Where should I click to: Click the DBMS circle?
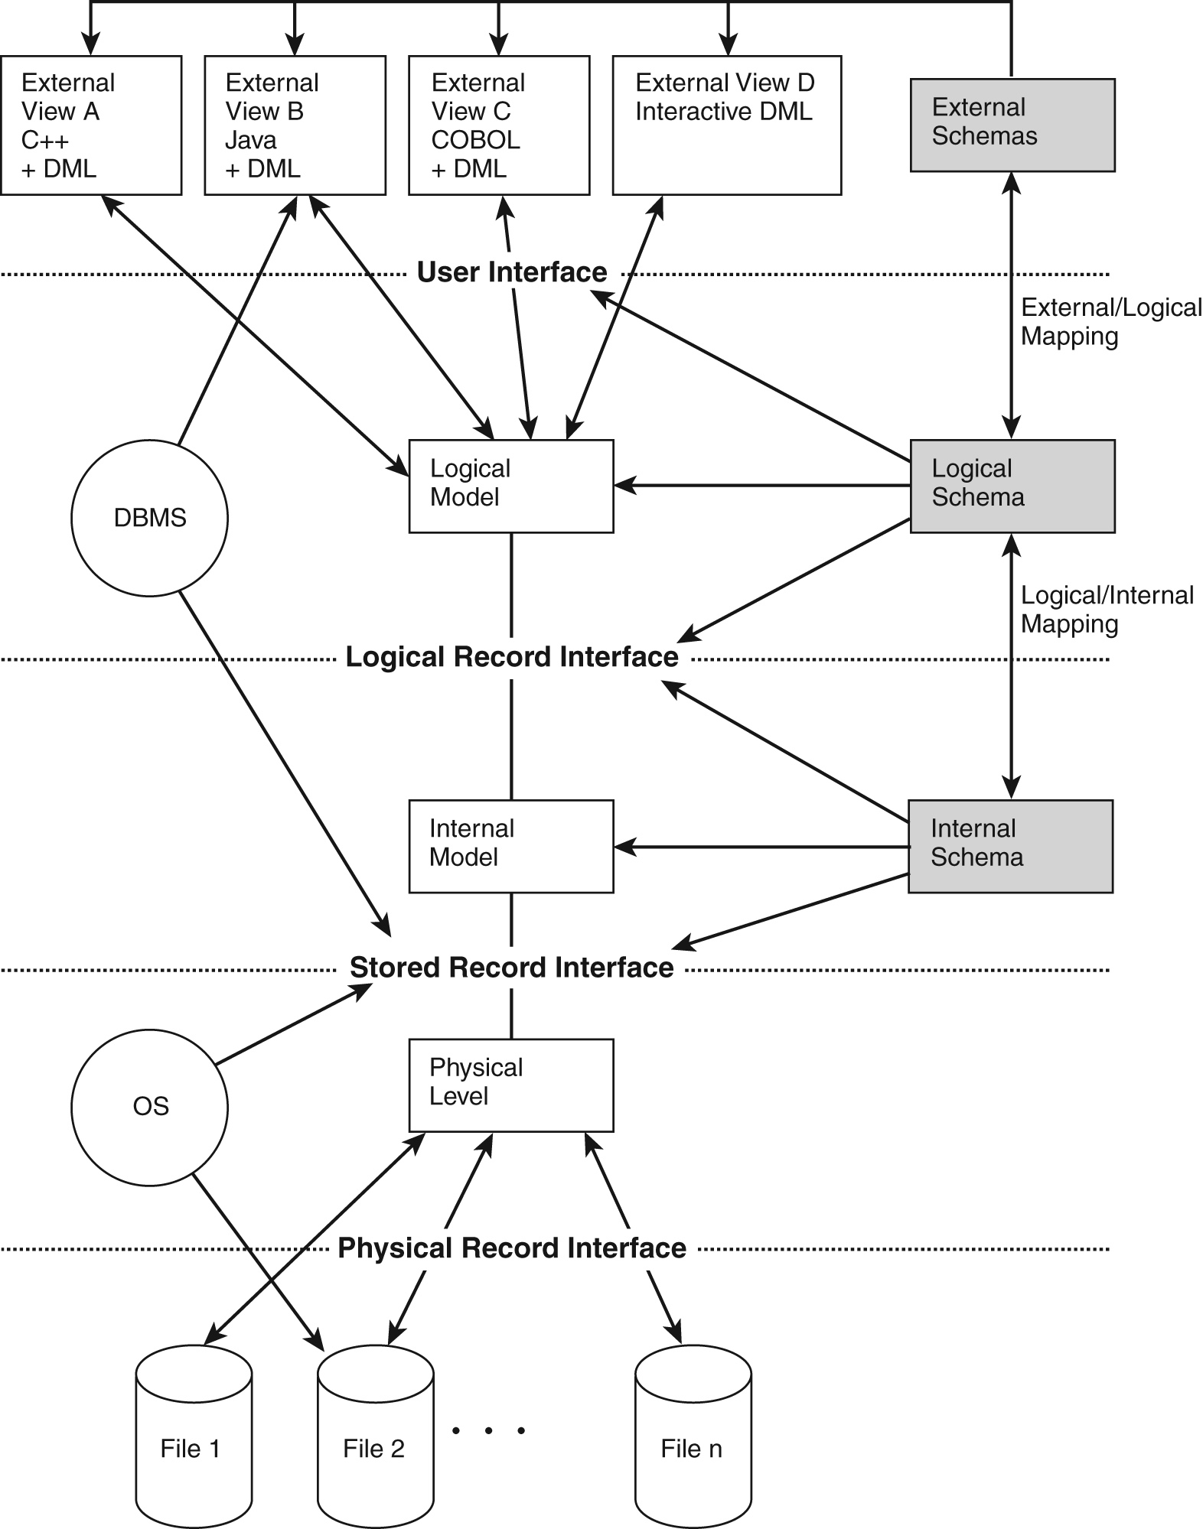[149, 518]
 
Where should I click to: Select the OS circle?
[149, 1107]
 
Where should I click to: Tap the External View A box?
[91, 125]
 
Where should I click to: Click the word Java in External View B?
[251, 141]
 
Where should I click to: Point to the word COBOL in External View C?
[475, 141]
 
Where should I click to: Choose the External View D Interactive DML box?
[726, 125]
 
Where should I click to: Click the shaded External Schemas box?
[1012, 125]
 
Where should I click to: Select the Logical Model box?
[510, 486]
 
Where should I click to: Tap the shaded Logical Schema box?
[1012, 486]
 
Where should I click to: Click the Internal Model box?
[510, 846]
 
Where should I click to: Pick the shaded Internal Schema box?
[1010, 846]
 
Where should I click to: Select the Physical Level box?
[510, 1085]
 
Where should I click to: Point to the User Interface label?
[511, 272]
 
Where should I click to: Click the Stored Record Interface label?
[511, 968]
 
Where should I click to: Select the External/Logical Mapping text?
[1110, 322]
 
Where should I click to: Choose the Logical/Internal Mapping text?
[1107, 610]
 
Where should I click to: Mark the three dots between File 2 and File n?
[488, 1430]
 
